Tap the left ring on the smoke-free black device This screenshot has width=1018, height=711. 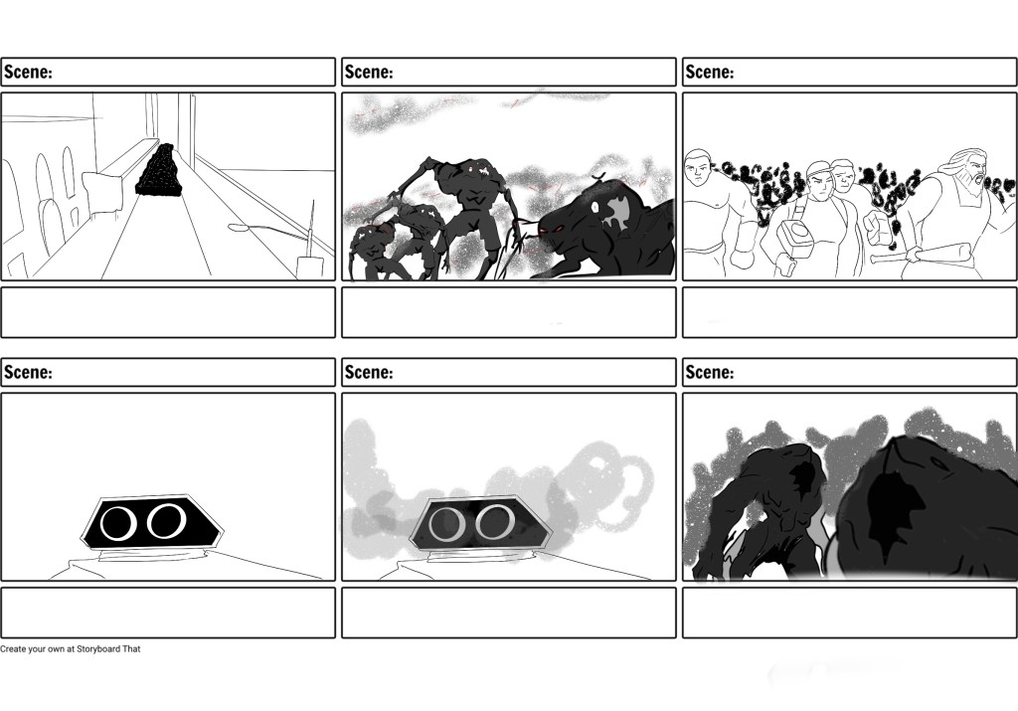click(118, 524)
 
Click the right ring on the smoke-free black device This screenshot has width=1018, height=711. click(166, 521)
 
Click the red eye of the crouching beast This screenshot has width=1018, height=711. click(544, 229)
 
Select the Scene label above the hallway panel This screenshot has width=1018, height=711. click(28, 72)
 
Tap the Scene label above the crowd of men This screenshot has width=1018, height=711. click(710, 72)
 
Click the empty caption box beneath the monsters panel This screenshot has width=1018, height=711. click(509, 312)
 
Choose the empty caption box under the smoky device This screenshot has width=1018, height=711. click(509, 613)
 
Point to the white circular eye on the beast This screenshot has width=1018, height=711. click(595, 208)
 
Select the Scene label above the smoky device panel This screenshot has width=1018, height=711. click(369, 372)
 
